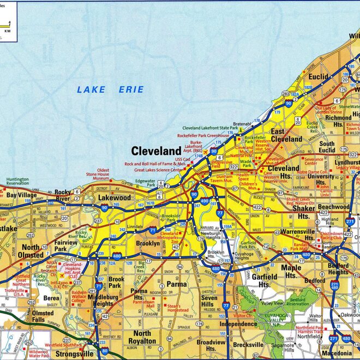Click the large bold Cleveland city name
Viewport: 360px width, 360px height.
pos(156,151)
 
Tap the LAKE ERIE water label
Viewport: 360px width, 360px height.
pos(110,89)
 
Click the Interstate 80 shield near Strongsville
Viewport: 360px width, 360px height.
pos(104,351)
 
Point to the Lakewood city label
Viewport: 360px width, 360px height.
pos(115,197)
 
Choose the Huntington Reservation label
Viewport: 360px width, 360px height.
pos(17,182)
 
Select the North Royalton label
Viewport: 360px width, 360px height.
pos(143,337)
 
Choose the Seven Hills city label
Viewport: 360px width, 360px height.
pos(208,301)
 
